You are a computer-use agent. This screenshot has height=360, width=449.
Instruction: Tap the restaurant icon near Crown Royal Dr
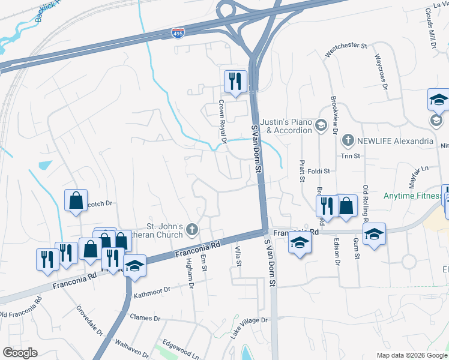[235, 81]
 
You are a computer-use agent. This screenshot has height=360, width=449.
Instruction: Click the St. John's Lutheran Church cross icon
[191, 229]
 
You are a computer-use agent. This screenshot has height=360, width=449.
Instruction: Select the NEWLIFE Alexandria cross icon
[346, 141]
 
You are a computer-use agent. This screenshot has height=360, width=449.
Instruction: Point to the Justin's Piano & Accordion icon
[321, 125]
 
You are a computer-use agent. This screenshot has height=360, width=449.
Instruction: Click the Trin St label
[350, 155]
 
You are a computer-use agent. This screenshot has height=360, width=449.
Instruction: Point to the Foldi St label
[319, 171]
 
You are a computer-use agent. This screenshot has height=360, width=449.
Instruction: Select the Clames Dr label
[146, 318]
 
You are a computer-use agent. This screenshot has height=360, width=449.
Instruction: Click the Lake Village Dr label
[249, 328]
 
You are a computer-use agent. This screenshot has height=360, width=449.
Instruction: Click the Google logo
[20, 353]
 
